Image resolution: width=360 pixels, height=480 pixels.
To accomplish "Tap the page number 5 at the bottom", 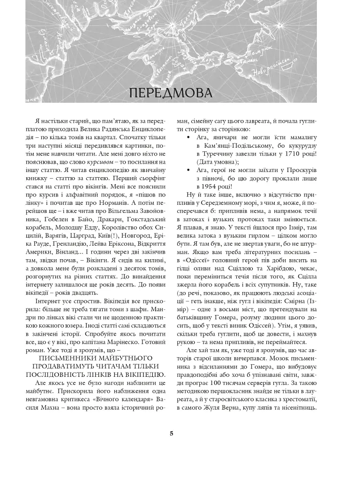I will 172,433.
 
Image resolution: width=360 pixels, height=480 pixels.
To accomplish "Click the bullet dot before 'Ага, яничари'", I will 188,137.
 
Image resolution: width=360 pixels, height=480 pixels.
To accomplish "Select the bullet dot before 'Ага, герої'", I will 188,170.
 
